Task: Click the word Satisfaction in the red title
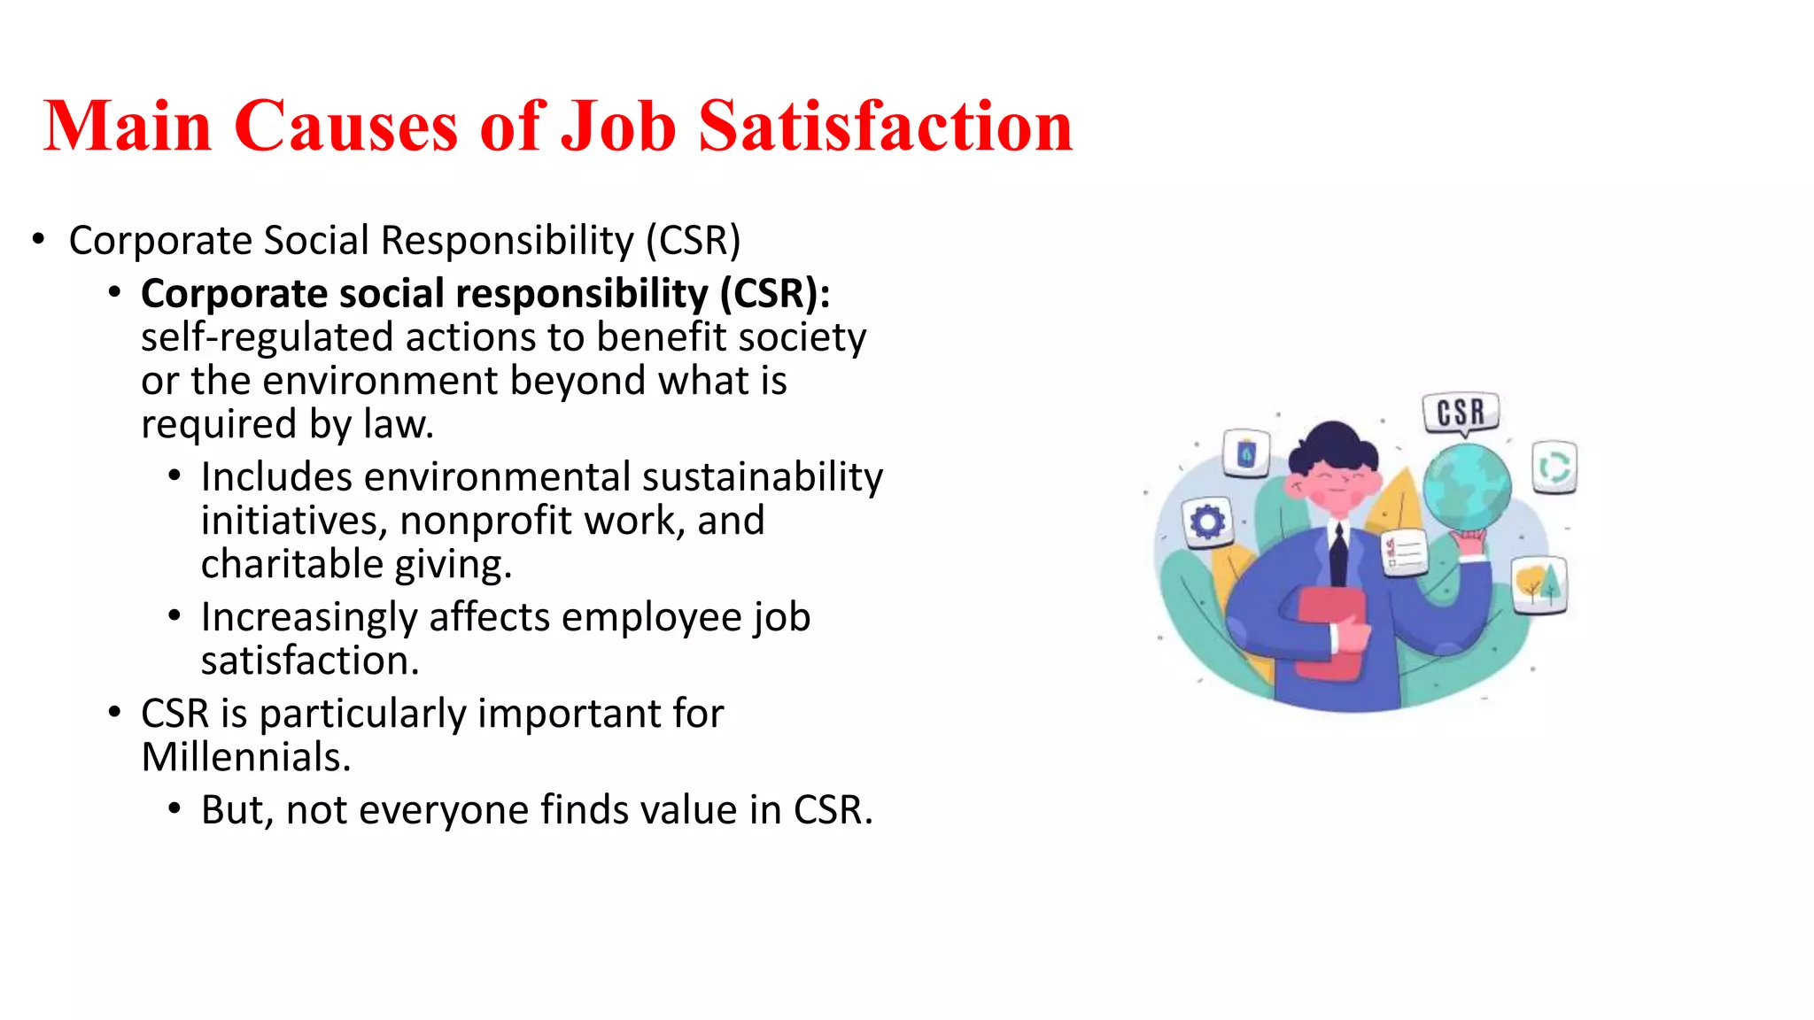[x=885, y=127]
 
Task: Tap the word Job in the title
[x=619, y=127]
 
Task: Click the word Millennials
[x=245, y=758]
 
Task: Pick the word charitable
[x=293, y=565]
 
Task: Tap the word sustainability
[x=763, y=477]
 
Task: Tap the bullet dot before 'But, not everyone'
[x=174, y=809]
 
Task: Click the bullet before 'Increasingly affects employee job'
[x=174, y=616]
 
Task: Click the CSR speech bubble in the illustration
[x=1461, y=413]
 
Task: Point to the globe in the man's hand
[x=1467, y=488]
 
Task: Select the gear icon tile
[x=1206, y=522]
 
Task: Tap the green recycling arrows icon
[x=1554, y=467]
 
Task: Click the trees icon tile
[x=1539, y=584]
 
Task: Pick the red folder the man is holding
[x=1331, y=633]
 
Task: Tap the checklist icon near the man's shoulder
[x=1404, y=552]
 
